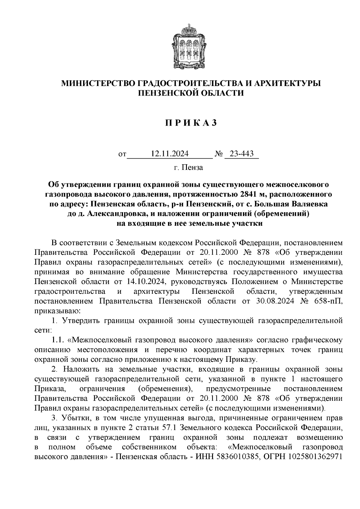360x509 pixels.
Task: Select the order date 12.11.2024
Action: point(170,154)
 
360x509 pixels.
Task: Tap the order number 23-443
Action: point(241,154)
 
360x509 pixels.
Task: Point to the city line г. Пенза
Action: point(188,167)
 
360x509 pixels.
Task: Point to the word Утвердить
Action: point(81,321)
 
